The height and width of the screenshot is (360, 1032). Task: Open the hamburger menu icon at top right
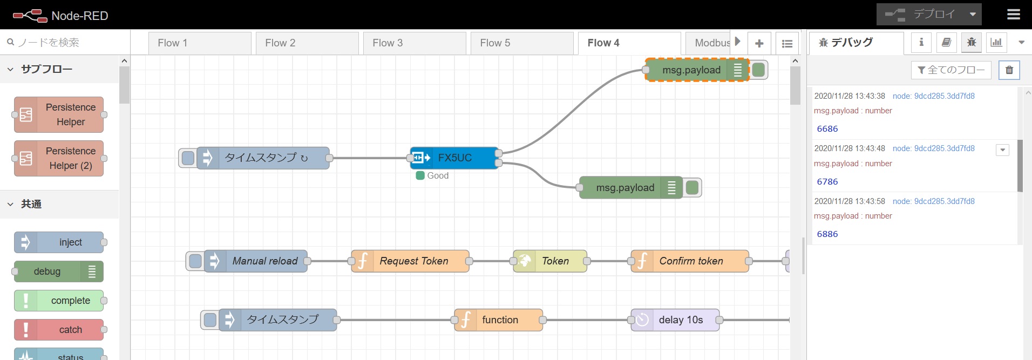pos(1014,15)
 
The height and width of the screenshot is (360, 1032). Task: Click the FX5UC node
pos(454,158)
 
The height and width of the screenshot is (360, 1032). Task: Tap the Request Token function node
pos(413,261)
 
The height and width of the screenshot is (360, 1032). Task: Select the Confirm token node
pos(690,261)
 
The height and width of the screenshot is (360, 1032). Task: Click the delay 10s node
pos(680,320)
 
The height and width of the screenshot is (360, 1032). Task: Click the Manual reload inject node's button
pos(195,261)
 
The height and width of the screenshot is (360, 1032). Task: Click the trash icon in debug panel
pos(1009,70)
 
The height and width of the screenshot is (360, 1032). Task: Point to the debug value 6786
pos(827,182)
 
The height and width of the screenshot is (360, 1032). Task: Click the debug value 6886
pos(827,234)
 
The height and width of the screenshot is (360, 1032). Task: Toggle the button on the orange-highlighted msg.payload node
pos(758,70)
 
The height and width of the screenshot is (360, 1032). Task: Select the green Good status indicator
pos(420,175)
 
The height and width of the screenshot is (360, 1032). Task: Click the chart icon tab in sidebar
pos(996,42)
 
